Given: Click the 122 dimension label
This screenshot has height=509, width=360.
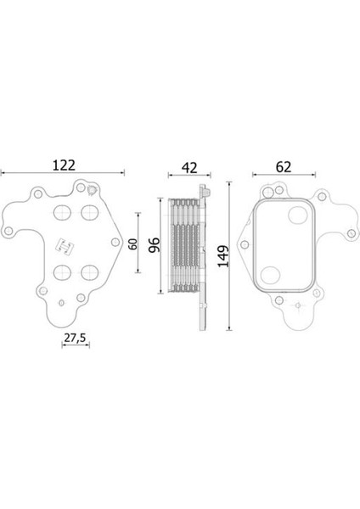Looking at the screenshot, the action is click(x=64, y=165).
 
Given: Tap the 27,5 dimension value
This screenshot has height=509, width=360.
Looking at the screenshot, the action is click(x=75, y=338).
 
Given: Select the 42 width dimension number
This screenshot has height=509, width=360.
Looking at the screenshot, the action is click(x=189, y=167).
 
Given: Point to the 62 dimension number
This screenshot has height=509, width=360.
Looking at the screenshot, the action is click(x=284, y=167).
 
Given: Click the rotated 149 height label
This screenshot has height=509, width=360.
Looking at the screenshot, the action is click(x=223, y=256).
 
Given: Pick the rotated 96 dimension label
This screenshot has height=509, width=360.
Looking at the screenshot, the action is click(x=154, y=245).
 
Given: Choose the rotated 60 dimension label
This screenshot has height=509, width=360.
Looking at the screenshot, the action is click(x=132, y=243).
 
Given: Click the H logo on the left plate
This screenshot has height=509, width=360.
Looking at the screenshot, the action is click(x=65, y=246).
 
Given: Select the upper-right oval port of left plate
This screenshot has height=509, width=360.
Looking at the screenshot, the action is click(x=90, y=212).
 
